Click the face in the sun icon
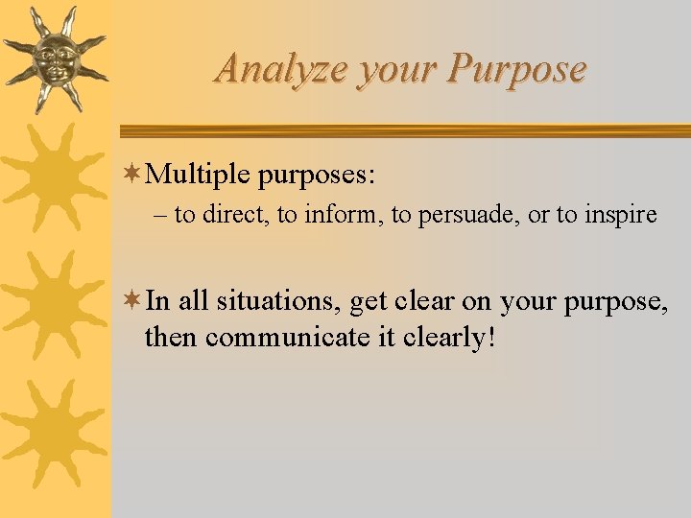tap(54, 57)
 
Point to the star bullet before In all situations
tap(134, 301)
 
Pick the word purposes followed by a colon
tap(316, 176)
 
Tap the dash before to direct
tap(160, 215)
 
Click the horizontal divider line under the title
tap(403, 131)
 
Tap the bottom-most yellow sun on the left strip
tap(53, 433)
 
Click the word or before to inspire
tap(538, 215)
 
